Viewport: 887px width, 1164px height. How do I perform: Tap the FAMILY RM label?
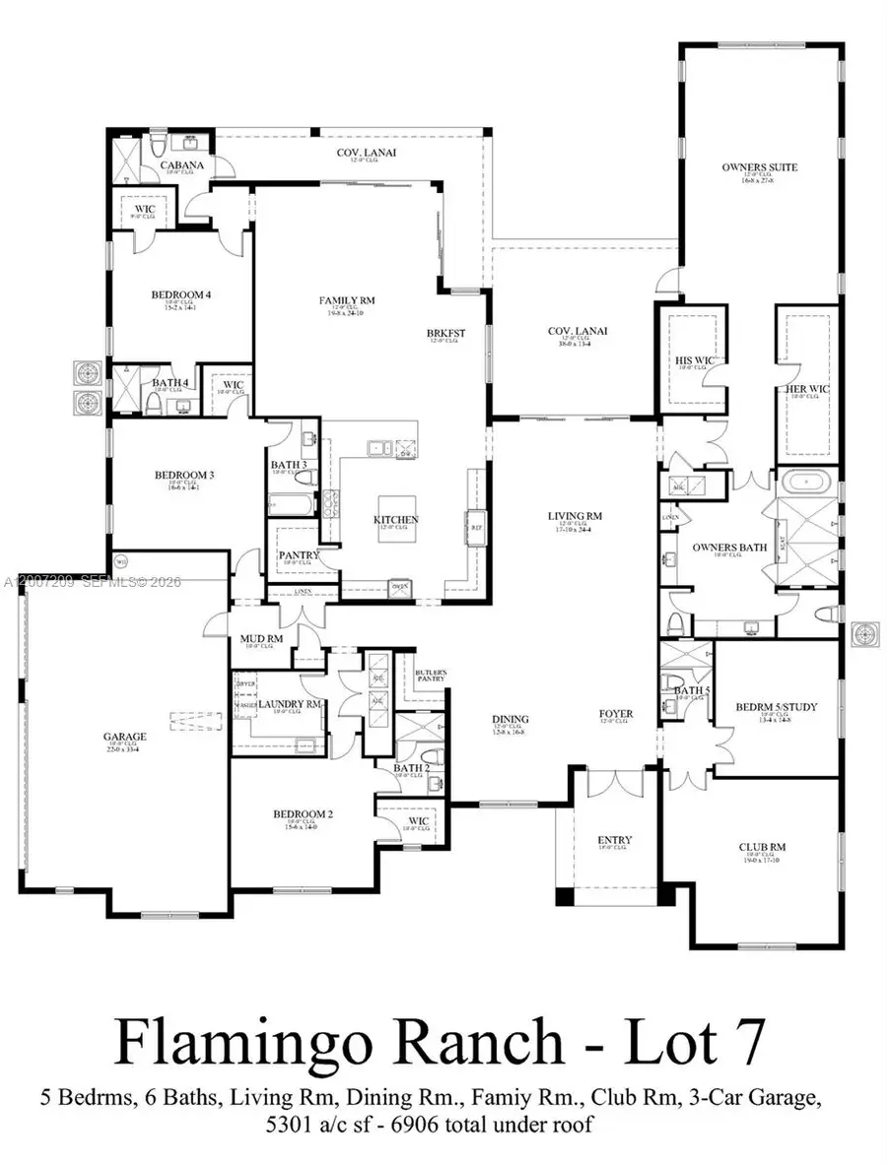[346, 300]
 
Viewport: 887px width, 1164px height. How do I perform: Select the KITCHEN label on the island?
[395, 519]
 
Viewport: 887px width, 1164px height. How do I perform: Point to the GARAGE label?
[125, 736]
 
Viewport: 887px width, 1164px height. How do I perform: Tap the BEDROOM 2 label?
[303, 813]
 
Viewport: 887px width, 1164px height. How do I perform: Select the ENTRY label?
[615, 840]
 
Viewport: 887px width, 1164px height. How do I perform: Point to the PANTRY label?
[299, 555]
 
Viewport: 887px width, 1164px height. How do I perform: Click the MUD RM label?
[262, 639]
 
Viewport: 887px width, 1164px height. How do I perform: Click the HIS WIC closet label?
[695, 361]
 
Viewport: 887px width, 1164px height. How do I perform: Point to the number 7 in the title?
[754, 1041]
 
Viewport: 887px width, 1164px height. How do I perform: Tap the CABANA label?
[182, 165]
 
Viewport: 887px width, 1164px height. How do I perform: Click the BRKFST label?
[445, 333]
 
